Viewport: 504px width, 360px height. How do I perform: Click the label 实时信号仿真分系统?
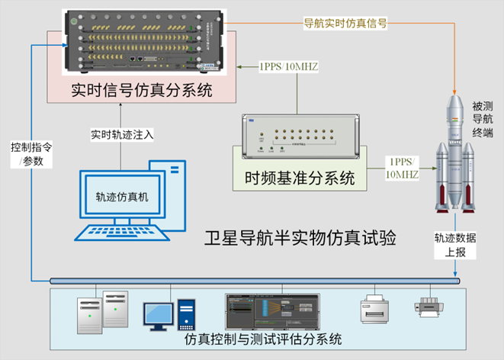coord(141,91)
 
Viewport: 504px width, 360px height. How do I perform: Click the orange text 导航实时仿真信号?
coord(345,24)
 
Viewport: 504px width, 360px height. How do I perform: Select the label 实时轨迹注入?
coord(123,135)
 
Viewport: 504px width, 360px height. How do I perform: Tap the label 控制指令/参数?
coord(30,153)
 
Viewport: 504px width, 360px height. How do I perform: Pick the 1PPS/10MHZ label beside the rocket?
coord(403,167)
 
